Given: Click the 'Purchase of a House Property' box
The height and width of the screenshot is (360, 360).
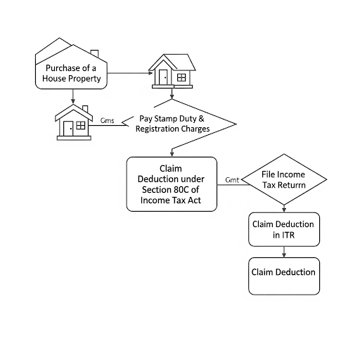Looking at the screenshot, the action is tap(71, 70).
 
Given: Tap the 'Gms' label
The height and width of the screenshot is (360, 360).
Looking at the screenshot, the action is tap(107, 120).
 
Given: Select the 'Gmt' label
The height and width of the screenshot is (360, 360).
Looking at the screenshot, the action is tap(232, 180).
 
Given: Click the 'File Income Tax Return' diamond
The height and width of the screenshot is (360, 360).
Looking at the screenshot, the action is tap(284, 179).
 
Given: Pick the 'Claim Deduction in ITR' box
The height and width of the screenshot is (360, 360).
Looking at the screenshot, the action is tap(284, 229).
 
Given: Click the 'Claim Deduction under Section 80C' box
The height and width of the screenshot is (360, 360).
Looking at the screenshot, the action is tap(172, 184).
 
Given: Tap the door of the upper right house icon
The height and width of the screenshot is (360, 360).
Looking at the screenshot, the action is tap(163, 77).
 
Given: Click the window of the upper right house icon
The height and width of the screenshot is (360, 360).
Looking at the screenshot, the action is tap(181, 77).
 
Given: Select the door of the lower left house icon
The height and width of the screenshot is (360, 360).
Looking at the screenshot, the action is tap(68, 129).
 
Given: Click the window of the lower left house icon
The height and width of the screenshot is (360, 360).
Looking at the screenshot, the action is tap(81, 125).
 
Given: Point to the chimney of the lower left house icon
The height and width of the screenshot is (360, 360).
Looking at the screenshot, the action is tap(85, 109).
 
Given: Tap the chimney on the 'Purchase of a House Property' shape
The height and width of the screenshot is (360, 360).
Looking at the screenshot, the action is tap(94, 53).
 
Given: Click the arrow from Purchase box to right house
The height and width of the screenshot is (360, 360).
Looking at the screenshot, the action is tap(130, 73).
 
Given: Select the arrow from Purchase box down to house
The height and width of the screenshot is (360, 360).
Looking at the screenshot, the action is tap(73, 96).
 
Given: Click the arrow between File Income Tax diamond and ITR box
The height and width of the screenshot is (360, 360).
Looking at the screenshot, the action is tap(284, 209).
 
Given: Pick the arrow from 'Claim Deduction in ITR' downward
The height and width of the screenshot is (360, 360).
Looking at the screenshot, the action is tap(284, 252).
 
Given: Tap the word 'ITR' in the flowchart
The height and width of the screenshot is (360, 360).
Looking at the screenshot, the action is tap(288, 235).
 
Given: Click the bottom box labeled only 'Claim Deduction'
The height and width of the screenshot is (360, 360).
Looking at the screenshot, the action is tap(284, 276).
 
